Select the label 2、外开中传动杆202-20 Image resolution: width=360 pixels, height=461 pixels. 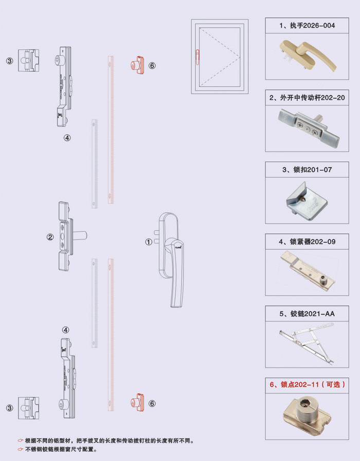coord(307,97)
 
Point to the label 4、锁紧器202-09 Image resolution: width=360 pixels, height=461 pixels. coord(307,241)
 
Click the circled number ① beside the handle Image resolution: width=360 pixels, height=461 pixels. coord(149,241)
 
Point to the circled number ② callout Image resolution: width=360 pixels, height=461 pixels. coord(50,237)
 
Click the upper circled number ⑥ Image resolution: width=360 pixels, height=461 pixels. coord(152,66)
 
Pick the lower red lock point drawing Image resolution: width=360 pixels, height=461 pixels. coord(136,402)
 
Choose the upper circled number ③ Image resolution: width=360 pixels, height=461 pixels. coord(9,61)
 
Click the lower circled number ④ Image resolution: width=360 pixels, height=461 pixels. coord(66,330)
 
